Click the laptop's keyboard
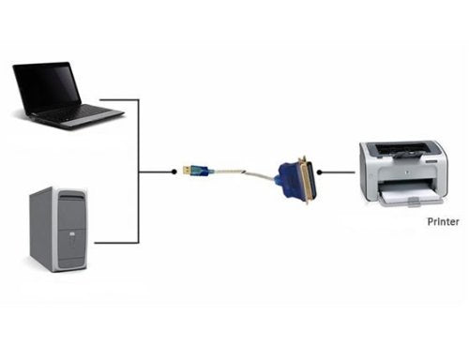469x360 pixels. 76,114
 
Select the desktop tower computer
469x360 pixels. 58,230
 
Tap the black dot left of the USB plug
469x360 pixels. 174,172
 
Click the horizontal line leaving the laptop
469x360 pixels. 120,99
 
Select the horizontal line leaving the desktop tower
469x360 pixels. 116,243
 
